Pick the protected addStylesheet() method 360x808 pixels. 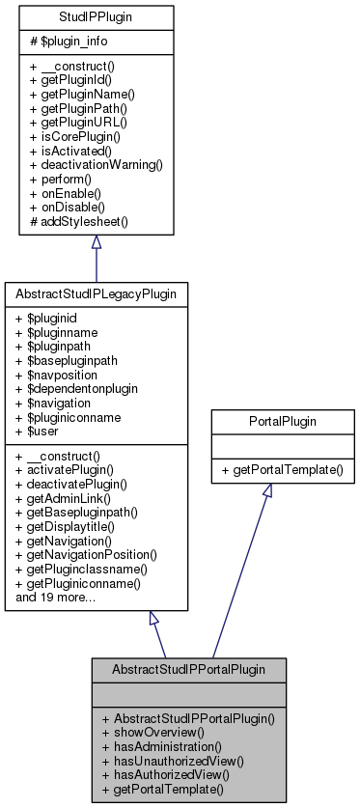[84, 220]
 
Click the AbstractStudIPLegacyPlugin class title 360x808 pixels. [96, 291]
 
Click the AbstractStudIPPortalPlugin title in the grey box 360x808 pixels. [189, 668]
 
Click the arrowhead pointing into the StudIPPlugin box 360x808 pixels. [96, 241]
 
